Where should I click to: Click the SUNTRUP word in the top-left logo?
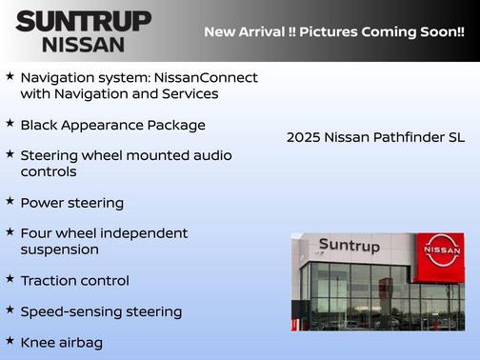[x=83, y=21]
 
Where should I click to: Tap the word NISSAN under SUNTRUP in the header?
[x=83, y=44]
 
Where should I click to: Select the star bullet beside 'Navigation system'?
[x=10, y=74]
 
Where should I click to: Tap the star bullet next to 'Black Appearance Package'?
[x=10, y=123]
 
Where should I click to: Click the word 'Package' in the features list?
[x=177, y=125]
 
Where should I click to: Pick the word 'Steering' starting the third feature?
[x=51, y=155]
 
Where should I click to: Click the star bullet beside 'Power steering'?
[x=10, y=201]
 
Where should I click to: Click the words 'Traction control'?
[x=74, y=281]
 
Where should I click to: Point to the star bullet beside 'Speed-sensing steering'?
[x=10, y=310]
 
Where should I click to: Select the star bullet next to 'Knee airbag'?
[x=10, y=340]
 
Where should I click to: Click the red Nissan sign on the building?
[x=442, y=250]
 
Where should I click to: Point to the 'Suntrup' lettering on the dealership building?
[x=349, y=246]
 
